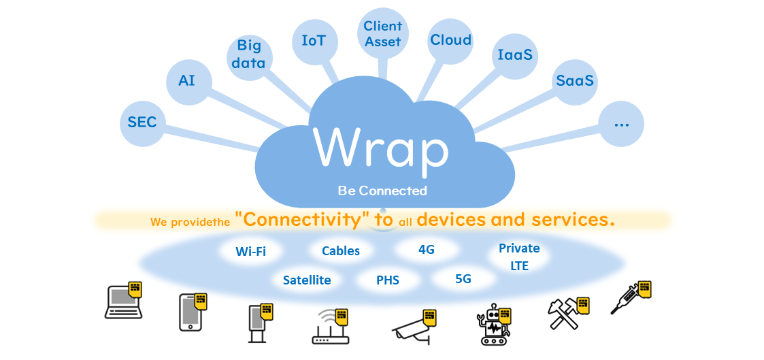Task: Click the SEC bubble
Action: (x=142, y=122)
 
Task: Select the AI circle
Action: (x=187, y=81)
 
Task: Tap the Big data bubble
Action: (x=248, y=54)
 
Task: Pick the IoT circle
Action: (x=314, y=41)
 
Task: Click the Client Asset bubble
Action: (x=382, y=33)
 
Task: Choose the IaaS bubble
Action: (x=514, y=54)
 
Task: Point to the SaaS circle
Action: (x=575, y=81)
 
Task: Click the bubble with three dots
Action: (x=620, y=125)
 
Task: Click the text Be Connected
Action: (x=382, y=191)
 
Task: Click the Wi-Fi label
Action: (x=250, y=252)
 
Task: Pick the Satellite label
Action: (x=307, y=280)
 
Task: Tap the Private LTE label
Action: (x=519, y=257)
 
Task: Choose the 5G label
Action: (x=463, y=278)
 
